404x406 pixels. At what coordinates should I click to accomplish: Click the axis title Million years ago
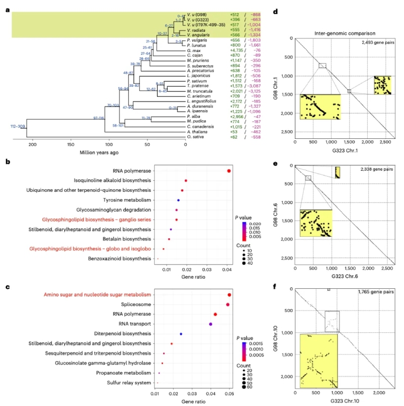pyautogui.click(x=98, y=153)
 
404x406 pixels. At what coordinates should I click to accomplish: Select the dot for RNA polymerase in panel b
pyautogui.click(x=229, y=171)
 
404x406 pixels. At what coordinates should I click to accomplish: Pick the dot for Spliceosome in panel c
pyautogui.click(x=228, y=304)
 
